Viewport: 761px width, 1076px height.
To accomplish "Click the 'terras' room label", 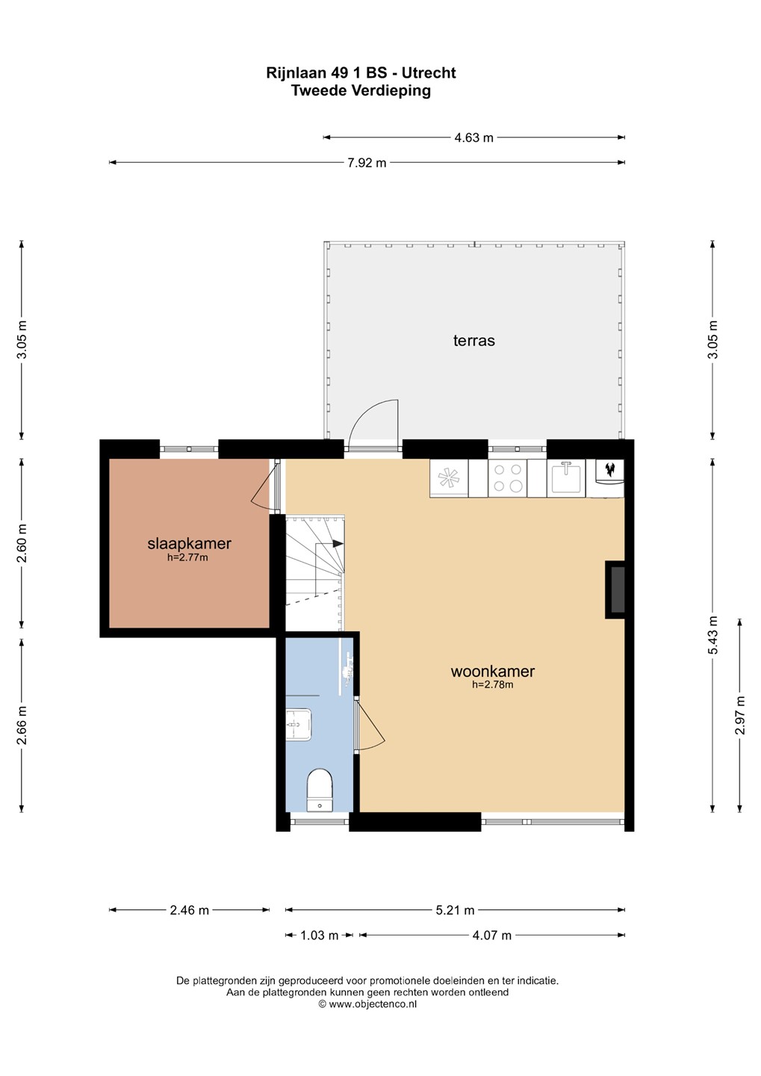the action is [x=474, y=341].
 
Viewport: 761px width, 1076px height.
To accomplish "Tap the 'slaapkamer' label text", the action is [x=189, y=543].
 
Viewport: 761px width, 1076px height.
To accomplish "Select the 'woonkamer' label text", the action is [x=493, y=670].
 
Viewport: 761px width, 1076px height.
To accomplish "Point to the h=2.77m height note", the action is [x=187, y=557].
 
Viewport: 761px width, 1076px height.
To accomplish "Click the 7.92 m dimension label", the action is [x=367, y=163].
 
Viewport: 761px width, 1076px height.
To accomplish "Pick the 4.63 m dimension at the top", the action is [x=474, y=137].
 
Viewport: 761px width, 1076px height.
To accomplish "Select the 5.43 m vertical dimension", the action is [x=713, y=635].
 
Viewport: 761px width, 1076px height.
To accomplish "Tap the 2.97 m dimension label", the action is [x=740, y=715].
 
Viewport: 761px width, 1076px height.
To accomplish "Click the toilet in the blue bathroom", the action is [x=320, y=791].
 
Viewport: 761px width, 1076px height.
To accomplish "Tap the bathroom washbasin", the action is [x=299, y=725].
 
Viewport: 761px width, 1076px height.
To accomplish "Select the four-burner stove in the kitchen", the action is [x=508, y=477].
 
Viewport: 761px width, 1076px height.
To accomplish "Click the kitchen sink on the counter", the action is [x=566, y=477].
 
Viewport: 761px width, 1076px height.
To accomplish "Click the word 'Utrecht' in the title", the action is [x=429, y=73].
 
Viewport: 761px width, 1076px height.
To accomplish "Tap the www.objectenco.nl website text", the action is [x=373, y=1004].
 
